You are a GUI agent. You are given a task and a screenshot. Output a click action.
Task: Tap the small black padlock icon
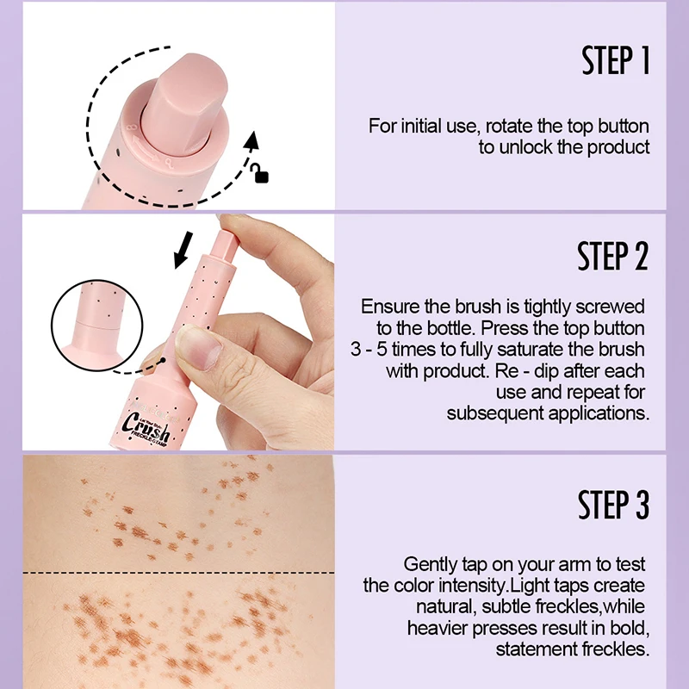260,176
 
